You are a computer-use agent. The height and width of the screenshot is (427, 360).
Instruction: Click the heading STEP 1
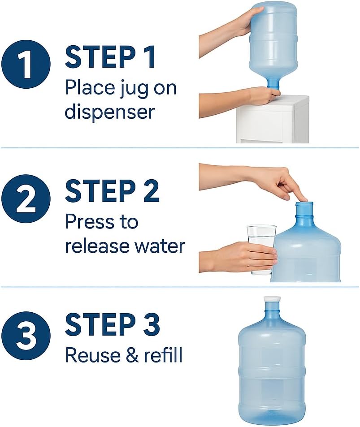(x=110, y=57)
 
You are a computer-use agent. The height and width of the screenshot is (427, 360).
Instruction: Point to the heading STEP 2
(x=112, y=191)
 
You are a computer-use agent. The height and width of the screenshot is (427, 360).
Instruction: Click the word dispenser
(x=109, y=112)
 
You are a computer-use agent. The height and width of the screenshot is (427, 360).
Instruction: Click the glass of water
(x=261, y=249)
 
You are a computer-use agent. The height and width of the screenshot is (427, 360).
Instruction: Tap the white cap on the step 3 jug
(x=272, y=298)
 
